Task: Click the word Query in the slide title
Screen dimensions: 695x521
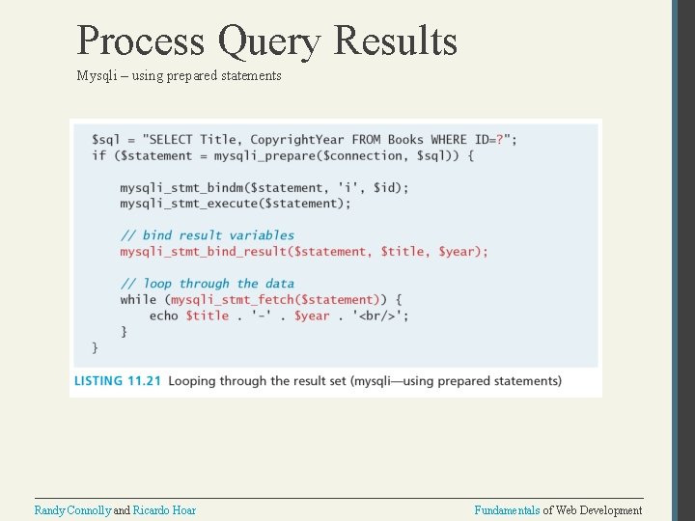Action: click(269, 41)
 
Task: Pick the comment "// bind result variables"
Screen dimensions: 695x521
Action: click(207, 235)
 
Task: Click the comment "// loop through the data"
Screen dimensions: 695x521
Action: click(207, 284)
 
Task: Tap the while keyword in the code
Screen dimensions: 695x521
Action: click(137, 299)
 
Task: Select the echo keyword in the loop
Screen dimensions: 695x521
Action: click(163, 315)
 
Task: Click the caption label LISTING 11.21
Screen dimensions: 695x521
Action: click(118, 381)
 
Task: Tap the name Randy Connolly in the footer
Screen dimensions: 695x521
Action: click(72, 510)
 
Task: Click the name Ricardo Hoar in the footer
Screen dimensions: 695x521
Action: click(164, 510)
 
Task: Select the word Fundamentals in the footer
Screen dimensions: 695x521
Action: click(507, 510)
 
